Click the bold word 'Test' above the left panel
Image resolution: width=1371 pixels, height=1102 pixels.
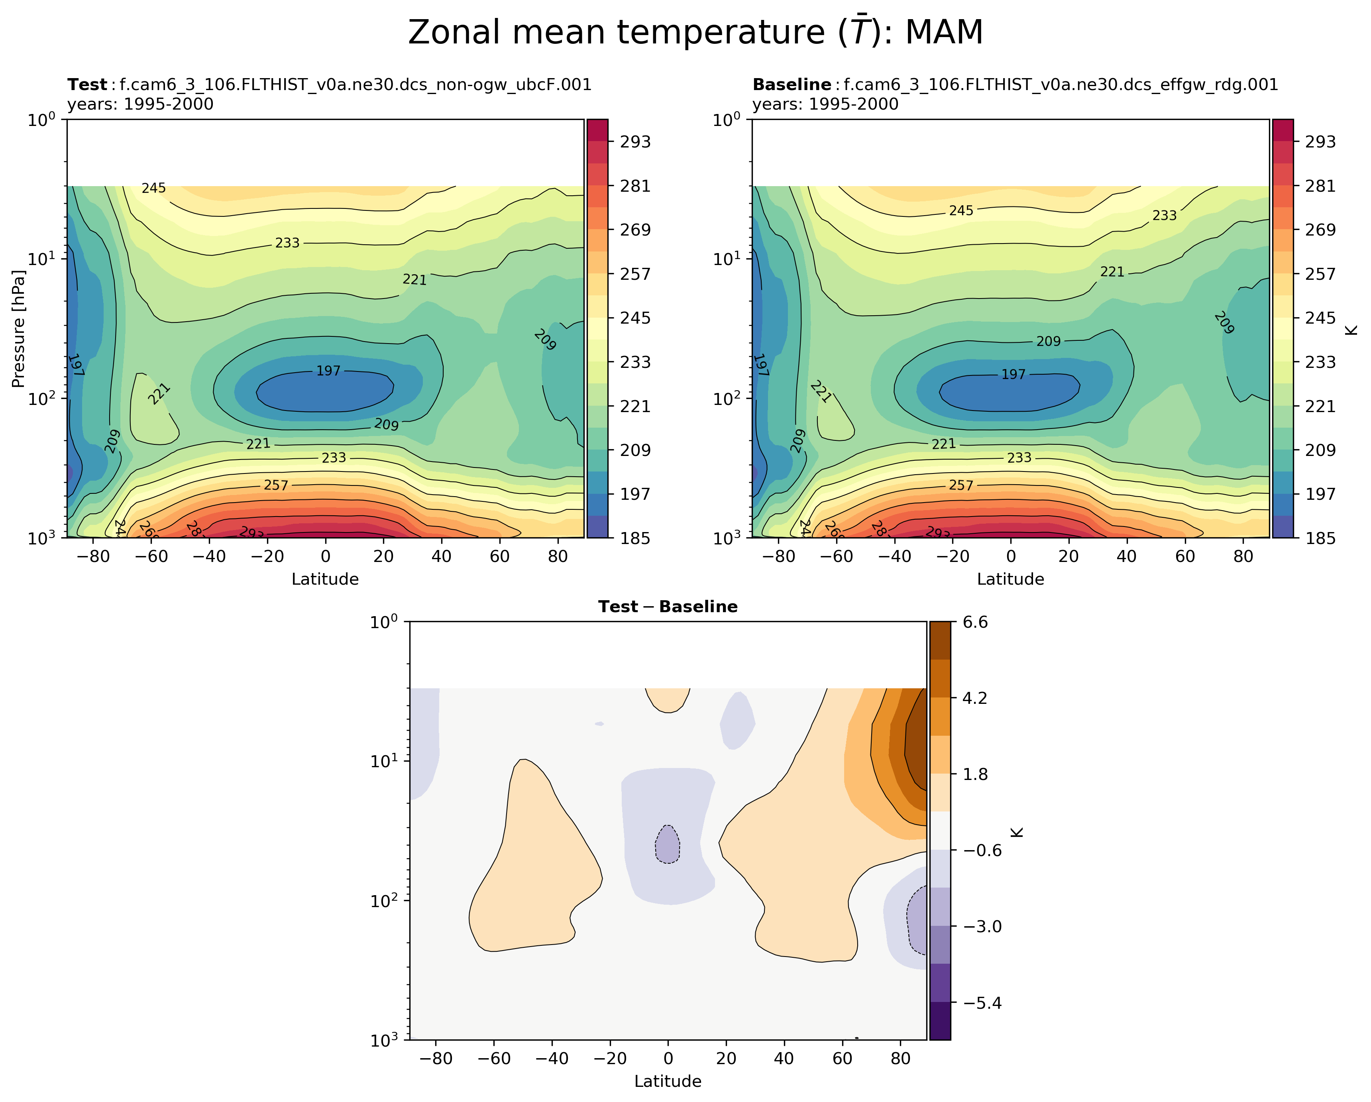pyautogui.click(x=87, y=84)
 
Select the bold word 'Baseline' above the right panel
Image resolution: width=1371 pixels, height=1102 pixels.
pyautogui.click(x=792, y=84)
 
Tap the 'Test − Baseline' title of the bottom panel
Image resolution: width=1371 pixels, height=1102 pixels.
pyautogui.click(x=668, y=607)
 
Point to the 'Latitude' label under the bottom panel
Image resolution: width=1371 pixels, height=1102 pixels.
pyautogui.click(x=668, y=1081)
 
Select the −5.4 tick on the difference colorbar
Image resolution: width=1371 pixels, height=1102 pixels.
pyautogui.click(x=982, y=1003)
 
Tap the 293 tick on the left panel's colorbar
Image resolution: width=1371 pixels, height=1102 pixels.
pyautogui.click(x=635, y=142)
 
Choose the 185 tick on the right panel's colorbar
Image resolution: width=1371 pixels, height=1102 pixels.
pyautogui.click(x=1321, y=538)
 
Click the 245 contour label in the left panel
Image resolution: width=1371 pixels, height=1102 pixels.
pyautogui.click(x=154, y=188)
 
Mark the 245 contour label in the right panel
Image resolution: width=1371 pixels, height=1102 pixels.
pyautogui.click(x=961, y=210)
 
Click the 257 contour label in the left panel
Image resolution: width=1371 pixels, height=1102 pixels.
pyautogui.click(x=276, y=485)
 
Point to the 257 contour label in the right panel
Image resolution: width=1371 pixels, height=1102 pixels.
pyautogui.click(x=961, y=485)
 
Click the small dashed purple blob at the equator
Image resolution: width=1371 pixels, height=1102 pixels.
pyautogui.click(x=668, y=845)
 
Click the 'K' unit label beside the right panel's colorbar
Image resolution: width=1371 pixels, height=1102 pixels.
pyautogui.click(x=1353, y=329)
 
